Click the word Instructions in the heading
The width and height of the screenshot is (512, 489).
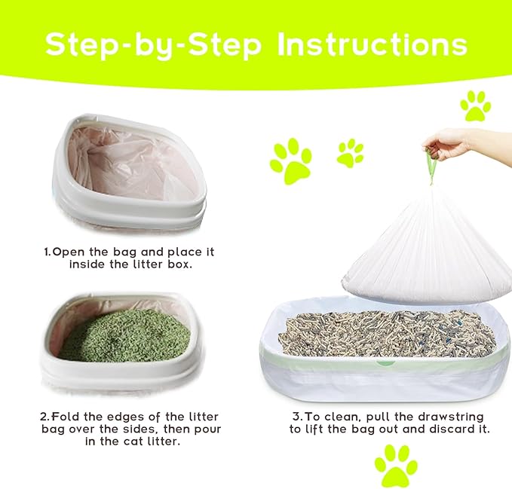(x=372, y=45)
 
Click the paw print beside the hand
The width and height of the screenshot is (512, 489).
(x=475, y=106)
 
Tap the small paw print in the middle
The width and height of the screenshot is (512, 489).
(x=350, y=153)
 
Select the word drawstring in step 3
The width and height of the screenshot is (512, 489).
(x=447, y=417)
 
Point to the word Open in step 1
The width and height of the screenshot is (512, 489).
(x=70, y=252)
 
